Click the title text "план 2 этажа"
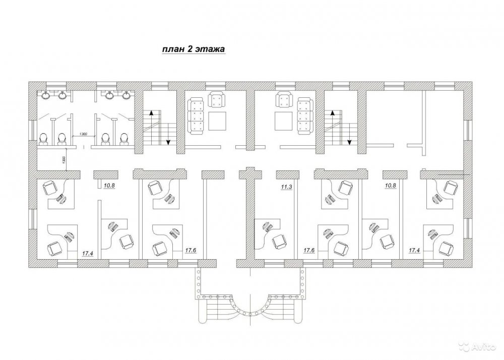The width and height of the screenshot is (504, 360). [193, 49]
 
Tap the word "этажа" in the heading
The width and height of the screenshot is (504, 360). [210, 49]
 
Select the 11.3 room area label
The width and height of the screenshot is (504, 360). [286, 186]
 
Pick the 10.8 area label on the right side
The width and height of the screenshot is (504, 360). [391, 186]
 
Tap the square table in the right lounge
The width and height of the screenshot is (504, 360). [284, 121]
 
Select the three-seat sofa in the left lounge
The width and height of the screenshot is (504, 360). [196, 116]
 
